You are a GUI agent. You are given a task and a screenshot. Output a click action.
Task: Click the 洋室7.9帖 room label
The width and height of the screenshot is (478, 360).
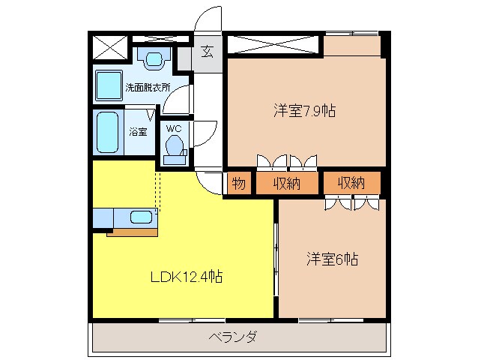[304, 110]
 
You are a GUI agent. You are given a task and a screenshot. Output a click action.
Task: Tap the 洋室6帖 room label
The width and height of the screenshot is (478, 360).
[332, 259]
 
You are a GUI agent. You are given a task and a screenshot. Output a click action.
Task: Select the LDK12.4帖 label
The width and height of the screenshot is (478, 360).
[187, 277]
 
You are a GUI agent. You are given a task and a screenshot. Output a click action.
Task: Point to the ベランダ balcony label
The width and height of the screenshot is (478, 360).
[233, 337]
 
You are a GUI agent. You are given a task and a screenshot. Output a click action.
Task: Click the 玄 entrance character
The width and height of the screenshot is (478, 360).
[208, 51]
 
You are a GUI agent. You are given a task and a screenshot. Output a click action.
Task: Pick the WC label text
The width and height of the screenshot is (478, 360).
[174, 129]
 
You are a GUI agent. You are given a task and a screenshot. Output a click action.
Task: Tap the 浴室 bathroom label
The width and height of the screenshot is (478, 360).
[138, 132]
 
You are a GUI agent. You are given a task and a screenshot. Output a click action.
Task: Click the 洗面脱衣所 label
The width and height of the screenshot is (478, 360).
[148, 88]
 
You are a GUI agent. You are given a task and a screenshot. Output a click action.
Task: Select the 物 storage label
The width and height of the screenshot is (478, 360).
[239, 183]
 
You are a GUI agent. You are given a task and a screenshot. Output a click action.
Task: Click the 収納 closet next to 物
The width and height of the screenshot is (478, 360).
[286, 183]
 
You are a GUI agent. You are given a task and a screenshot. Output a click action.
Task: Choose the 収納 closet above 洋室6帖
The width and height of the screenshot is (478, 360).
[352, 182]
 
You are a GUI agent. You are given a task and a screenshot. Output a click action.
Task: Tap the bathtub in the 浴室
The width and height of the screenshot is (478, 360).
[108, 132]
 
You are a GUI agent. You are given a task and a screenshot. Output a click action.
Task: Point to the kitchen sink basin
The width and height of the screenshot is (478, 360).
[141, 217]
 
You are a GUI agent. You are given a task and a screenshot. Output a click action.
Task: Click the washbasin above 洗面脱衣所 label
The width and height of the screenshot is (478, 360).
[154, 58]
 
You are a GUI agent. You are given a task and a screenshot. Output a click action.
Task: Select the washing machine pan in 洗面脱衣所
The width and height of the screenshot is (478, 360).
[109, 85]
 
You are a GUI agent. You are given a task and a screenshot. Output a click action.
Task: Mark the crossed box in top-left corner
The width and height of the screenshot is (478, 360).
[109, 47]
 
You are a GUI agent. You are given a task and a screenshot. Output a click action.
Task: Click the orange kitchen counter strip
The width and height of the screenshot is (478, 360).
[132, 232]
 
